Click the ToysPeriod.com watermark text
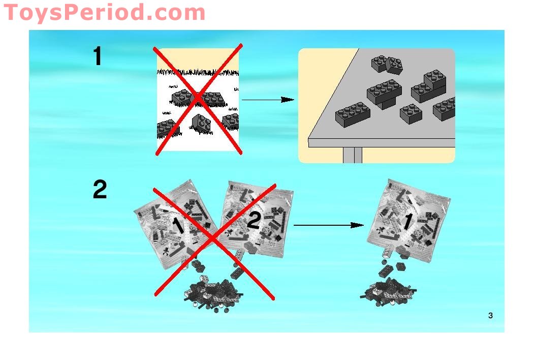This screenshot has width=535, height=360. (104, 12)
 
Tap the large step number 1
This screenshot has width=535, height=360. (98, 55)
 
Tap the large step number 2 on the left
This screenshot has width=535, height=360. (100, 189)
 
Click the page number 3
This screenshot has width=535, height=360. (490, 315)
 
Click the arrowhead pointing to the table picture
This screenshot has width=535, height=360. (287, 100)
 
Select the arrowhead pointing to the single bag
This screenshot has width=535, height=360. (357, 225)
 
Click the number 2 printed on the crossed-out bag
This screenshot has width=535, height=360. (254, 220)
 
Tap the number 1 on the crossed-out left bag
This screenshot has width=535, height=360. (177, 226)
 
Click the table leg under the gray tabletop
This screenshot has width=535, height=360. (353, 155)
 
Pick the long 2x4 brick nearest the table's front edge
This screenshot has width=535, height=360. (353, 114)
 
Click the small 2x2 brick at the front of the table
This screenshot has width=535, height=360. (411, 114)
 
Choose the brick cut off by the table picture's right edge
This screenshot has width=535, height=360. (444, 109)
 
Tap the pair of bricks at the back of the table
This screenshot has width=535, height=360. (387, 65)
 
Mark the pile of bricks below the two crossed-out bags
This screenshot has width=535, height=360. (213, 294)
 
